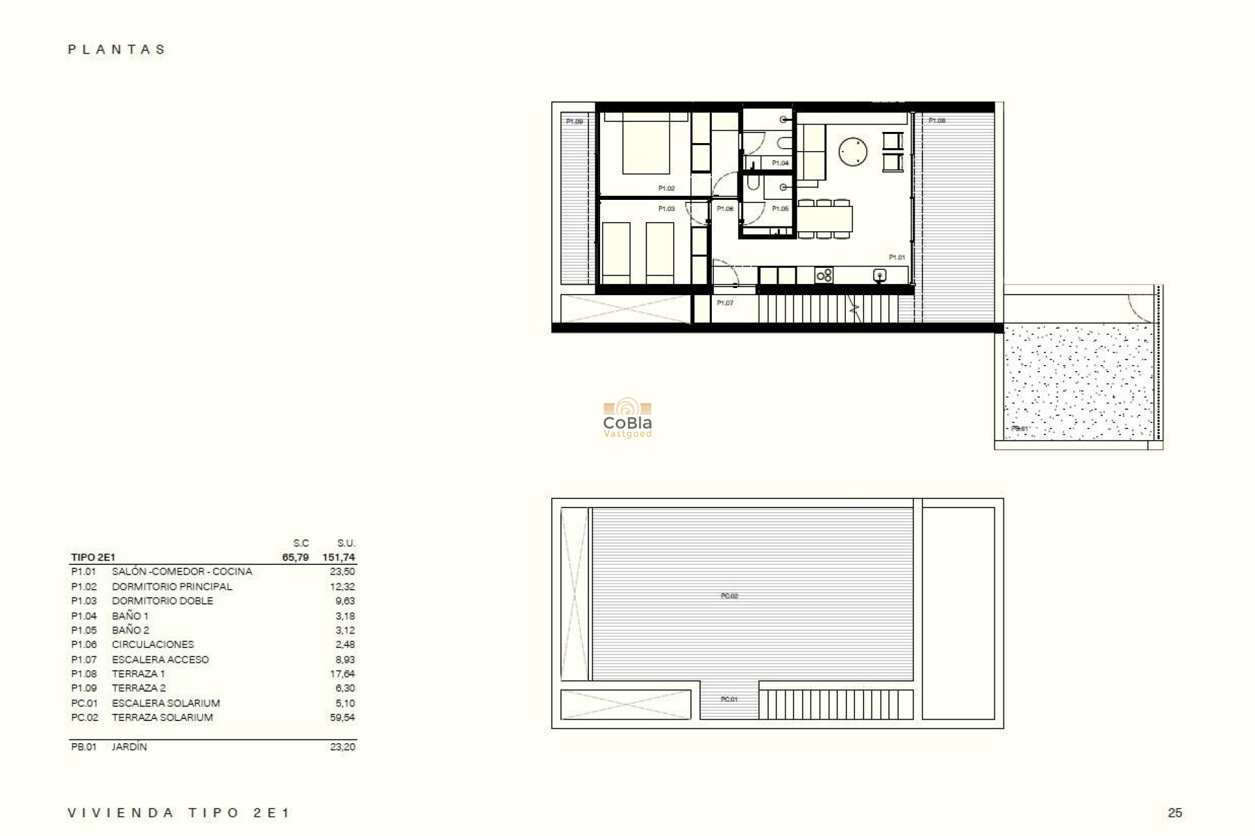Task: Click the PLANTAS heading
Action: [x=117, y=50]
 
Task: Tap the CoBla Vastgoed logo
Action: [x=627, y=418]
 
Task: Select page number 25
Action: [x=1175, y=813]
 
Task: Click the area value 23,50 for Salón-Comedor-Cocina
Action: [x=342, y=571]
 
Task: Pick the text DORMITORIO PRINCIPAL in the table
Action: [x=172, y=587]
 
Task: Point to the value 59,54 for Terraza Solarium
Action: [x=342, y=717]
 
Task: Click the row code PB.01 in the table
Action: [x=84, y=747]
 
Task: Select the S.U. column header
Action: [x=346, y=543]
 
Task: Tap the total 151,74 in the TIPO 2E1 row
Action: [x=339, y=558]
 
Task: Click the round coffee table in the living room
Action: [x=853, y=152]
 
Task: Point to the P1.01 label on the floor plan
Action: [x=897, y=257]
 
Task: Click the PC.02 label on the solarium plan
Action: [x=729, y=596]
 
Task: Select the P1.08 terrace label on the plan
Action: [x=937, y=121]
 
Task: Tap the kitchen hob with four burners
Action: [x=824, y=276]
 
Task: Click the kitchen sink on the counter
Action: [x=880, y=276]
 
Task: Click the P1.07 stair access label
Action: [x=725, y=303]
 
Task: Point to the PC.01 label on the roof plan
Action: [x=729, y=699]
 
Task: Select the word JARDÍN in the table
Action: [x=129, y=747]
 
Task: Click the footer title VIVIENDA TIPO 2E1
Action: [x=178, y=813]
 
